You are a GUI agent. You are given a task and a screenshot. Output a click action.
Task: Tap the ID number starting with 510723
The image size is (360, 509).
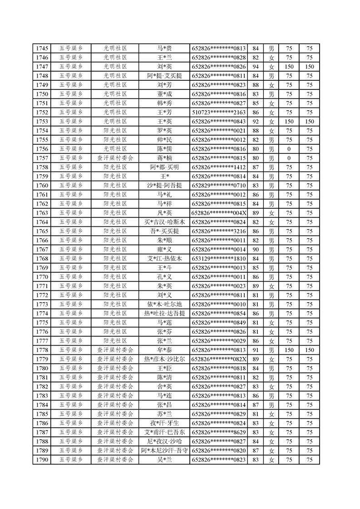click(219, 112)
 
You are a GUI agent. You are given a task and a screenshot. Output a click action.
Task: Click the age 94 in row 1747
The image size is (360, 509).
click(256, 67)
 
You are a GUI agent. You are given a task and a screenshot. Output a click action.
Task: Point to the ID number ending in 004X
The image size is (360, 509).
click(219, 213)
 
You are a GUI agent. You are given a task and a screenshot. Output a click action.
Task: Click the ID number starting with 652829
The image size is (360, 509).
click(219, 185)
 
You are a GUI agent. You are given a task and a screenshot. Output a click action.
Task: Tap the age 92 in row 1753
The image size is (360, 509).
click(256, 122)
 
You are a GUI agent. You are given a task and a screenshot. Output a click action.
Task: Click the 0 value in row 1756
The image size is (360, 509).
click(289, 149)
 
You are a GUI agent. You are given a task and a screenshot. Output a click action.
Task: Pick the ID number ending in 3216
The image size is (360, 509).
click(219, 231)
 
